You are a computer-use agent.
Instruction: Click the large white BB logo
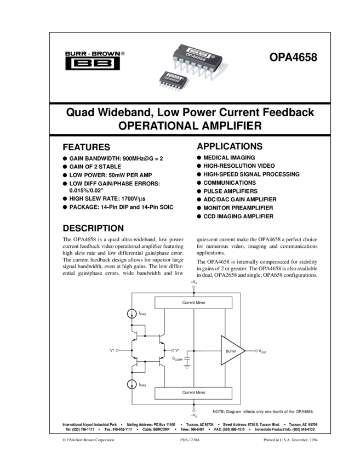point(93,64)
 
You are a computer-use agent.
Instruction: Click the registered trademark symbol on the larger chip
point(214,57)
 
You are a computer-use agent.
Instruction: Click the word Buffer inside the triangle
point(231,351)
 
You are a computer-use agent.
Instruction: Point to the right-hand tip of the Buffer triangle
point(244,350)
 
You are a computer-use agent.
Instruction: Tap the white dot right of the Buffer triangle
point(256,350)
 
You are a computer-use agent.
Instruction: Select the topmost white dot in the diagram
point(194,287)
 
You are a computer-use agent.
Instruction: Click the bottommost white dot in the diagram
point(194,410)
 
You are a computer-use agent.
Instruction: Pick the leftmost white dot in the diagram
point(117,350)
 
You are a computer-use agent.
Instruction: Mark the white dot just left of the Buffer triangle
point(173,350)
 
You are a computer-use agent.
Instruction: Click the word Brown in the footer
point(90,440)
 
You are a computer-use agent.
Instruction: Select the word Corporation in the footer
point(106,440)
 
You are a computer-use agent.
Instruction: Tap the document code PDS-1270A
point(190,440)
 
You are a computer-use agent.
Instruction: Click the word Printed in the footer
point(271,440)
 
